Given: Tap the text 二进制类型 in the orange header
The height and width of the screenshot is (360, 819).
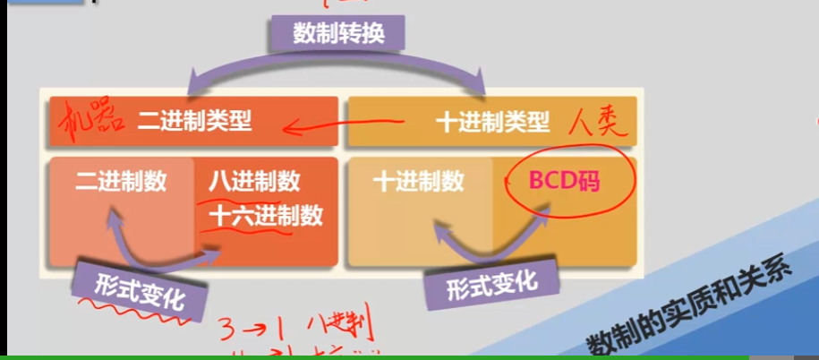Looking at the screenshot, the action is pos(195,122).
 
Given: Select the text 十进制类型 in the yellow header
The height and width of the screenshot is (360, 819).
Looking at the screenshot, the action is pos(492,123).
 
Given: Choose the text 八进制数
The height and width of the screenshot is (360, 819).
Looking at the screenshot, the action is pos(254,182).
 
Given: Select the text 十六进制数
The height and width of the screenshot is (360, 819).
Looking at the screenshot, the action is pos(265,215).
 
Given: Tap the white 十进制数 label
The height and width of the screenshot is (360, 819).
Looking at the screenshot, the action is pos(419,182).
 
